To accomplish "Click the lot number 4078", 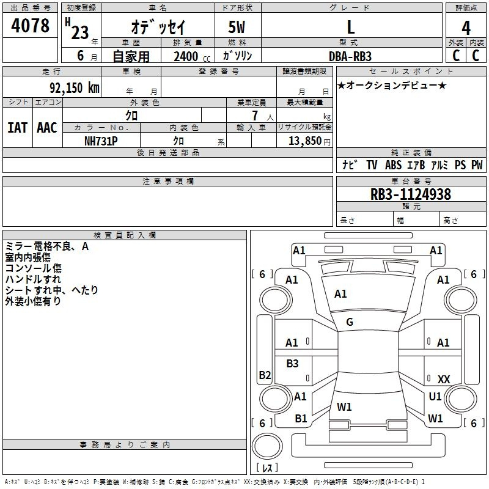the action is click(30, 25).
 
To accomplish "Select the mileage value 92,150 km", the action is click(75, 88).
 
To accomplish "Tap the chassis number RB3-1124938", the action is click(410, 194).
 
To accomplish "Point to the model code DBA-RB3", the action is click(350, 56).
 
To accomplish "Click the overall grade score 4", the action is click(466, 28).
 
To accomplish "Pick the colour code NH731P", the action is click(101, 141).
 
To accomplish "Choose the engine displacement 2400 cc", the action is click(192, 56).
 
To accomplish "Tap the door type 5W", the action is click(237, 27).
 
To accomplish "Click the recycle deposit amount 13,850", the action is click(304, 141).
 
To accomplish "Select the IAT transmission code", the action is click(18, 128).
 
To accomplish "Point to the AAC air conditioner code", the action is click(47, 128).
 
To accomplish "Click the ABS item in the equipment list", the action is click(393, 165).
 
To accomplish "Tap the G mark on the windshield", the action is click(350, 322).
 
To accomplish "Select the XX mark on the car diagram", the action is click(444, 379).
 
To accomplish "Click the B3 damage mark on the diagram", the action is click(292, 363).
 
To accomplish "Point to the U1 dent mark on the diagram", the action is click(435, 396).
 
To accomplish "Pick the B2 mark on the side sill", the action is click(265, 375).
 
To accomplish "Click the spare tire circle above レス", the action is click(267, 446).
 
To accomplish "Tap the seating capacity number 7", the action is click(255, 116).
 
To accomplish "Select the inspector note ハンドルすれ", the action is click(33, 279).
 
